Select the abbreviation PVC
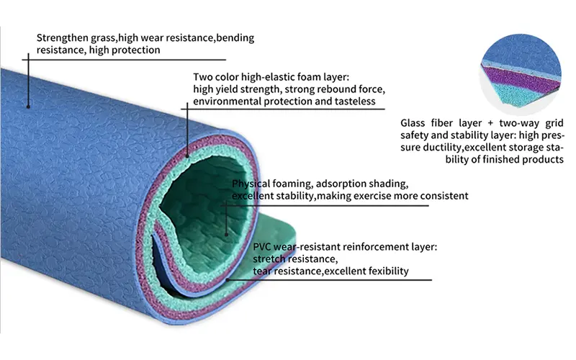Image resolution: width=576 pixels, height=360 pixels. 264,247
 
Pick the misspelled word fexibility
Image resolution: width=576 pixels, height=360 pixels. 383,271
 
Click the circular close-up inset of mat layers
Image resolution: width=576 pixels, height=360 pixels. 519,72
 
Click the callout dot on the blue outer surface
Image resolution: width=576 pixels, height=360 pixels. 28,106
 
